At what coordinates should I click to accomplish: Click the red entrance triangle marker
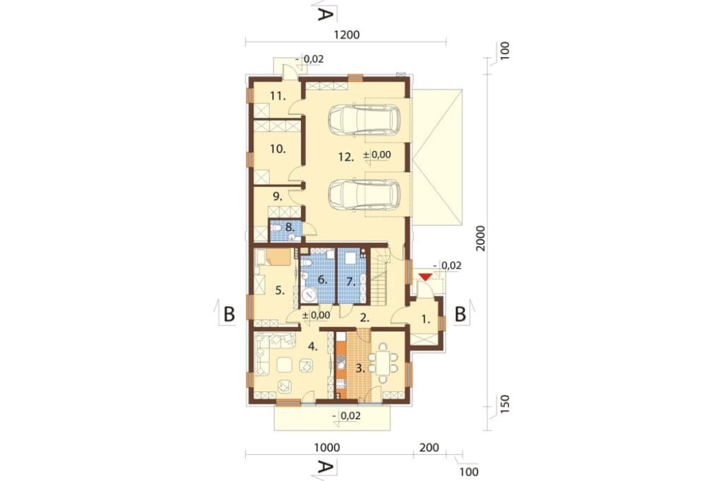tap(424, 277)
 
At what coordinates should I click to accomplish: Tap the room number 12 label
tap(346, 157)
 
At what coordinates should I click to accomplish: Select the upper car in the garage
tap(364, 120)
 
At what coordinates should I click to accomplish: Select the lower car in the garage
tap(364, 194)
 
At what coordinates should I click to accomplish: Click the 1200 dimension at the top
tap(346, 35)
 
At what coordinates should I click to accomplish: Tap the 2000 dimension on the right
tap(481, 238)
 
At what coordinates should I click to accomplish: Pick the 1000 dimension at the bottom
tap(327, 447)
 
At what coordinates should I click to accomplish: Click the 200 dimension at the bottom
tap(429, 447)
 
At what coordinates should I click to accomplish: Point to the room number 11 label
tap(278, 96)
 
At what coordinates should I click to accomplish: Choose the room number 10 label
tap(278, 149)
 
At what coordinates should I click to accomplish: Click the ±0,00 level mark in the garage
tap(377, 155)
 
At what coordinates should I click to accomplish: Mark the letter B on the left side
tap(229, 314)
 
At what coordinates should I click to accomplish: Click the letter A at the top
tap(325, 14)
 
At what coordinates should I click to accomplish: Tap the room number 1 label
tap(426, 318)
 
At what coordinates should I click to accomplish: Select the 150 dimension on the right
tap(505, 404)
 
